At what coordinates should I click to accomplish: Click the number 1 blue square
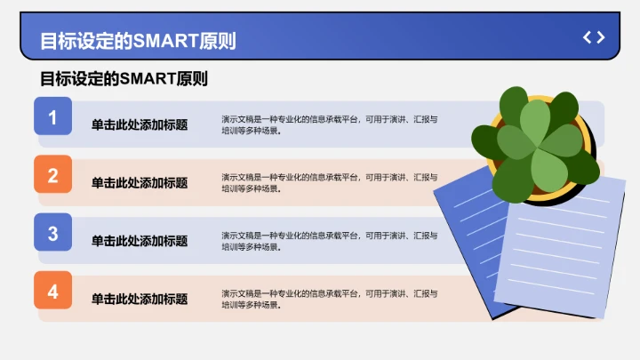[52, 116]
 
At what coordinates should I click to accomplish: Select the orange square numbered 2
[52, 175]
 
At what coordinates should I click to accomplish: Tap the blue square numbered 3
[52, 233]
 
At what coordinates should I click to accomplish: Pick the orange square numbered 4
[52, 292]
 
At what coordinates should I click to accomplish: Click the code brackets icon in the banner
[594, 37]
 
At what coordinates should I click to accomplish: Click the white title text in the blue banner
[138, 41]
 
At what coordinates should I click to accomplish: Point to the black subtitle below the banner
[124, 79]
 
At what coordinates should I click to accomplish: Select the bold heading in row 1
[140, 125]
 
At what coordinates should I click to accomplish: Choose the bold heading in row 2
[140, 183]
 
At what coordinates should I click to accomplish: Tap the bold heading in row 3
[140, 241]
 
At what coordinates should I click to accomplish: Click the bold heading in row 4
[140, 299]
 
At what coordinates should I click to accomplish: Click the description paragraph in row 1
[329, 124]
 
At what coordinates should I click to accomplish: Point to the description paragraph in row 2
[329, 182]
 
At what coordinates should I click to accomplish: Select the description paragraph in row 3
[329, 241]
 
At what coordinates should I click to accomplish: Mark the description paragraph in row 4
[329, 299]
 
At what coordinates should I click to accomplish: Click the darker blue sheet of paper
[462, 231]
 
